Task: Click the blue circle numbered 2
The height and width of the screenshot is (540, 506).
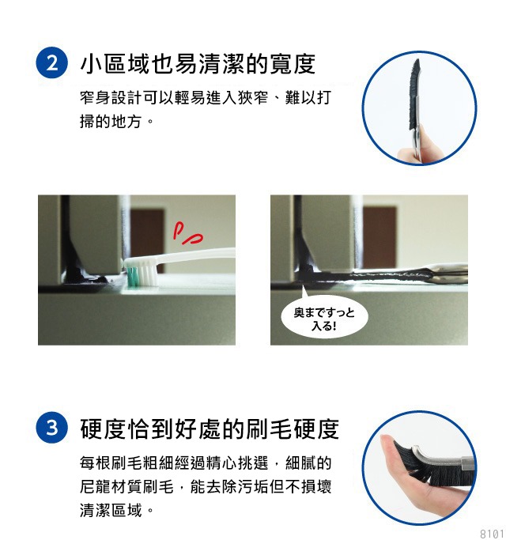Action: [x=51, y=62]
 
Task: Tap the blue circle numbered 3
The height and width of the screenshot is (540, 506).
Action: [x=51, y=428]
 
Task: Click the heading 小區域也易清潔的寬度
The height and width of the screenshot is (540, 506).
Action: [x=198, y=64]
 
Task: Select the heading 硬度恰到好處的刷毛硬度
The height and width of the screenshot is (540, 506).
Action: [x=210, y=429]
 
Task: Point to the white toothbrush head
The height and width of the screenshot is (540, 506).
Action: [x=142, y=271]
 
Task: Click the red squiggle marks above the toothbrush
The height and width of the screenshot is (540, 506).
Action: [x=187, y=233]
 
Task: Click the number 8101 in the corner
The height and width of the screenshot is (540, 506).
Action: [x=493, y=534]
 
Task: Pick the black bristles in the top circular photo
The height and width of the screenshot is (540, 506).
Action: [x=415, y=94]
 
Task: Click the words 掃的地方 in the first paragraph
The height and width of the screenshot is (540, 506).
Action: [x=111, y=121]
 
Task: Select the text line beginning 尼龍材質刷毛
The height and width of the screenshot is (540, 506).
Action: [x=206, y=486]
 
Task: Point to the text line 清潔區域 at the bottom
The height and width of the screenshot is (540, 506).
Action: [x=116, y=510]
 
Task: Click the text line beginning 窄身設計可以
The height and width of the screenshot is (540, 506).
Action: [x=206, y=97]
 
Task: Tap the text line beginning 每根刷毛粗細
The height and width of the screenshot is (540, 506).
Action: [x=206, y=463]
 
